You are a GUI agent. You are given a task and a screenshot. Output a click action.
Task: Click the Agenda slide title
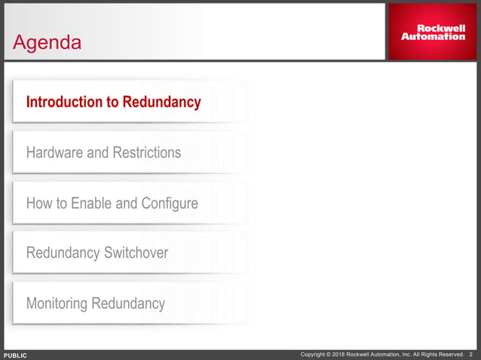[x=47, y=43]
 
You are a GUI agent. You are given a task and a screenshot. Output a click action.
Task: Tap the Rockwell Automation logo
[x=432, y=32]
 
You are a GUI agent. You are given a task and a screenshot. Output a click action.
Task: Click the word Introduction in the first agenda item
[x=63, y=102]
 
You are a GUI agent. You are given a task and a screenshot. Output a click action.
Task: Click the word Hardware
[x=55, y=153]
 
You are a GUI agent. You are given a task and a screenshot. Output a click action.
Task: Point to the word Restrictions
[x=147, y=153]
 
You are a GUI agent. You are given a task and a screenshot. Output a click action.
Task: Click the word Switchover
[x=132, y=253]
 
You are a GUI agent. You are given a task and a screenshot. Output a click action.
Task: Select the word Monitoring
[x=57, y=304]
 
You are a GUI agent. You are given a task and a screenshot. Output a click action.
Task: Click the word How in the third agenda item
[x=38, y=203]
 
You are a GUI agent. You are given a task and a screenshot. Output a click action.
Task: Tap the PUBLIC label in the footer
[x=15, y=355]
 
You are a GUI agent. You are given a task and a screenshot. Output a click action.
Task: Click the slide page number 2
[x=471, y=355]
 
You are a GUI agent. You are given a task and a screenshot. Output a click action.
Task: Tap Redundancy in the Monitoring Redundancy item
[x=128, y=304]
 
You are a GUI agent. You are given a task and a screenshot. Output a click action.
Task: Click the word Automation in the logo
[x=433, y=36]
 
